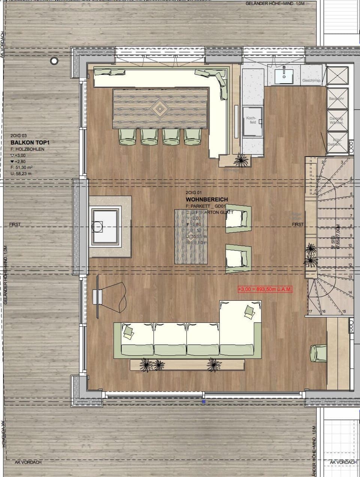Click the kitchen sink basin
(284, 75)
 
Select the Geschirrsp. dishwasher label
(311, 81)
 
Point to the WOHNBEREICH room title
(207, 200)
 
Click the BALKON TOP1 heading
(30, 142)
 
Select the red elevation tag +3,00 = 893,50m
(265, 289)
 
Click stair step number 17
(310, 312)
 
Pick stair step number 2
(322, 162)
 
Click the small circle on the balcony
(54, 60)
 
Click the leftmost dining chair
(127, 137)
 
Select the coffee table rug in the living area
(191, 237)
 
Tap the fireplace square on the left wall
(105, 226)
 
